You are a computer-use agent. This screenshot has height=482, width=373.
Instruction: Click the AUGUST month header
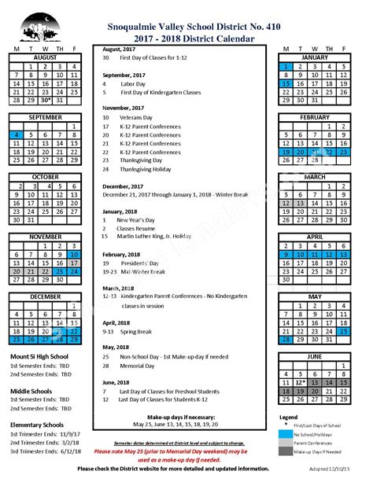click(45, 57)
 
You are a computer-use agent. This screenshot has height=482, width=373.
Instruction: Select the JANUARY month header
click(315, 57)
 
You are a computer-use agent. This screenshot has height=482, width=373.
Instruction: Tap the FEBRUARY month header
click(315, 116)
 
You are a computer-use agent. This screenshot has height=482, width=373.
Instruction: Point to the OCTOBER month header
click(45, 176)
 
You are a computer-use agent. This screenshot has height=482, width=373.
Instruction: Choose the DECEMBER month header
click(45, 296)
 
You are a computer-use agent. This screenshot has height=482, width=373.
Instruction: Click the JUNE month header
click(315, 355)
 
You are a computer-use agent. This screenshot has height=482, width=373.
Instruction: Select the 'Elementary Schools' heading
click(36, 425)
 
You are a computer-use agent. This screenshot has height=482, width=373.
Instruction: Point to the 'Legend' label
click(288, 417)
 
